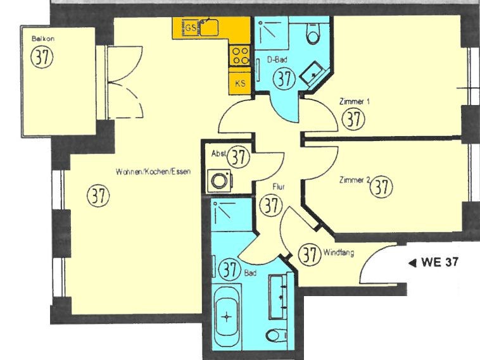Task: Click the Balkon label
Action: tap(43, 39)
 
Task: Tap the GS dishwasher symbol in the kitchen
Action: tap(191, 28)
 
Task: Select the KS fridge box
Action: tap(240, 84)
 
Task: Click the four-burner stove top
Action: tap(240, 56)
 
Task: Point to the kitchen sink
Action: tap(210, 27)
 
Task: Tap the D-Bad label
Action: tap(277, 60)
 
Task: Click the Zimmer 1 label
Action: tap(354, 101)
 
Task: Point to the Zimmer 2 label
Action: tap(355, 180)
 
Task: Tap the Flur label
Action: tap(279, 186)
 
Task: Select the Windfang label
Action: tap(339, 252)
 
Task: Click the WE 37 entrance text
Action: tap(440, 262)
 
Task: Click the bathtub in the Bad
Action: tap(227, 317)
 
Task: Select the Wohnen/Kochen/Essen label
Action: tap(153, 171)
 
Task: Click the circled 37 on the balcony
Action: tap(42, 56)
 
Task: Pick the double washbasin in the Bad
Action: tap(279, 296)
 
